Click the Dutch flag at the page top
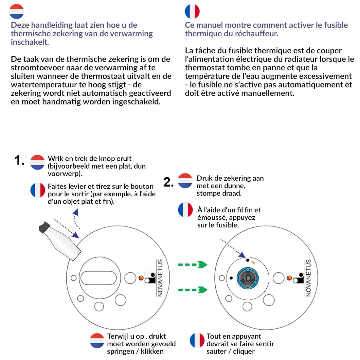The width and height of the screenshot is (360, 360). point(17,11)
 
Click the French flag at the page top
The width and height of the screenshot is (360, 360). point(192,11)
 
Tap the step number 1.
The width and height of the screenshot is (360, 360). point(19,160)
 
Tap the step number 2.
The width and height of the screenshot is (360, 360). point(168,182)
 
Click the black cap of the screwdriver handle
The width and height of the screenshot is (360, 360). point(44,227)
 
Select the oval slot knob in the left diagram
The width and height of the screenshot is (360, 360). point(99,278)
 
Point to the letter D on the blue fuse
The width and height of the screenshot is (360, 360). point(248,278)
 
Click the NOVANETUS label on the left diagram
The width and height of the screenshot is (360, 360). point(160,278)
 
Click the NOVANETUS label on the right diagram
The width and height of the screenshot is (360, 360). point(308,278)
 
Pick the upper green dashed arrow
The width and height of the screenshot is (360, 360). point(193,265)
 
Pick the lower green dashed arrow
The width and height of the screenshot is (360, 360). point(193,290)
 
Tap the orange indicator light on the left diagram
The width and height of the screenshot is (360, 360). point(141,278)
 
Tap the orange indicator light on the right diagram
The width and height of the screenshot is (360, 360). point(289,278)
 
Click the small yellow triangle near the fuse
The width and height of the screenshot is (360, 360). point(253,262)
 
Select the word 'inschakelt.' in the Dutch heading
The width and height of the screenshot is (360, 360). point(30,42)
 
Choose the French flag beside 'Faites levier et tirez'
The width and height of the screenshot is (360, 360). point(38,190)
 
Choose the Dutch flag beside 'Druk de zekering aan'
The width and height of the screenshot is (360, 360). point(185,181)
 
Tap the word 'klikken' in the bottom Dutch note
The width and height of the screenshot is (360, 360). point(152,351)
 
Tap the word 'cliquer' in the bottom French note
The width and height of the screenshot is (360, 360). point(244,351)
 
